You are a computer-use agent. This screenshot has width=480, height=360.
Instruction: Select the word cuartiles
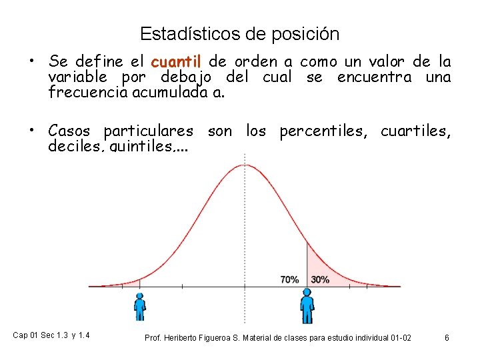click(x=415, y=131)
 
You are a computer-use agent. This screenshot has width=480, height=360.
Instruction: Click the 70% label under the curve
click(x=289, y=279)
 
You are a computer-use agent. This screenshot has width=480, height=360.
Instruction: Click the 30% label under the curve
click(x=320, y=279)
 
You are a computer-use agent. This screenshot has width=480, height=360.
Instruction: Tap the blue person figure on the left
click(x=139, y=306)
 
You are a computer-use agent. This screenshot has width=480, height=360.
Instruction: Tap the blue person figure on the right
click(x=307, y=305)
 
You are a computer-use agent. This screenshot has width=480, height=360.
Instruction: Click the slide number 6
click(x=447, y=338)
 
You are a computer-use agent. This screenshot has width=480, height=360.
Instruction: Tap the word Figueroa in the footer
click(x=231, y=338)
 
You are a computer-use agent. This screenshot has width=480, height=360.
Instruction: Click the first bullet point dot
click(x=31, y=62)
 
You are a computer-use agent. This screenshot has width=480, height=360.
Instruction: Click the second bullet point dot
click(x=31, y=131)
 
